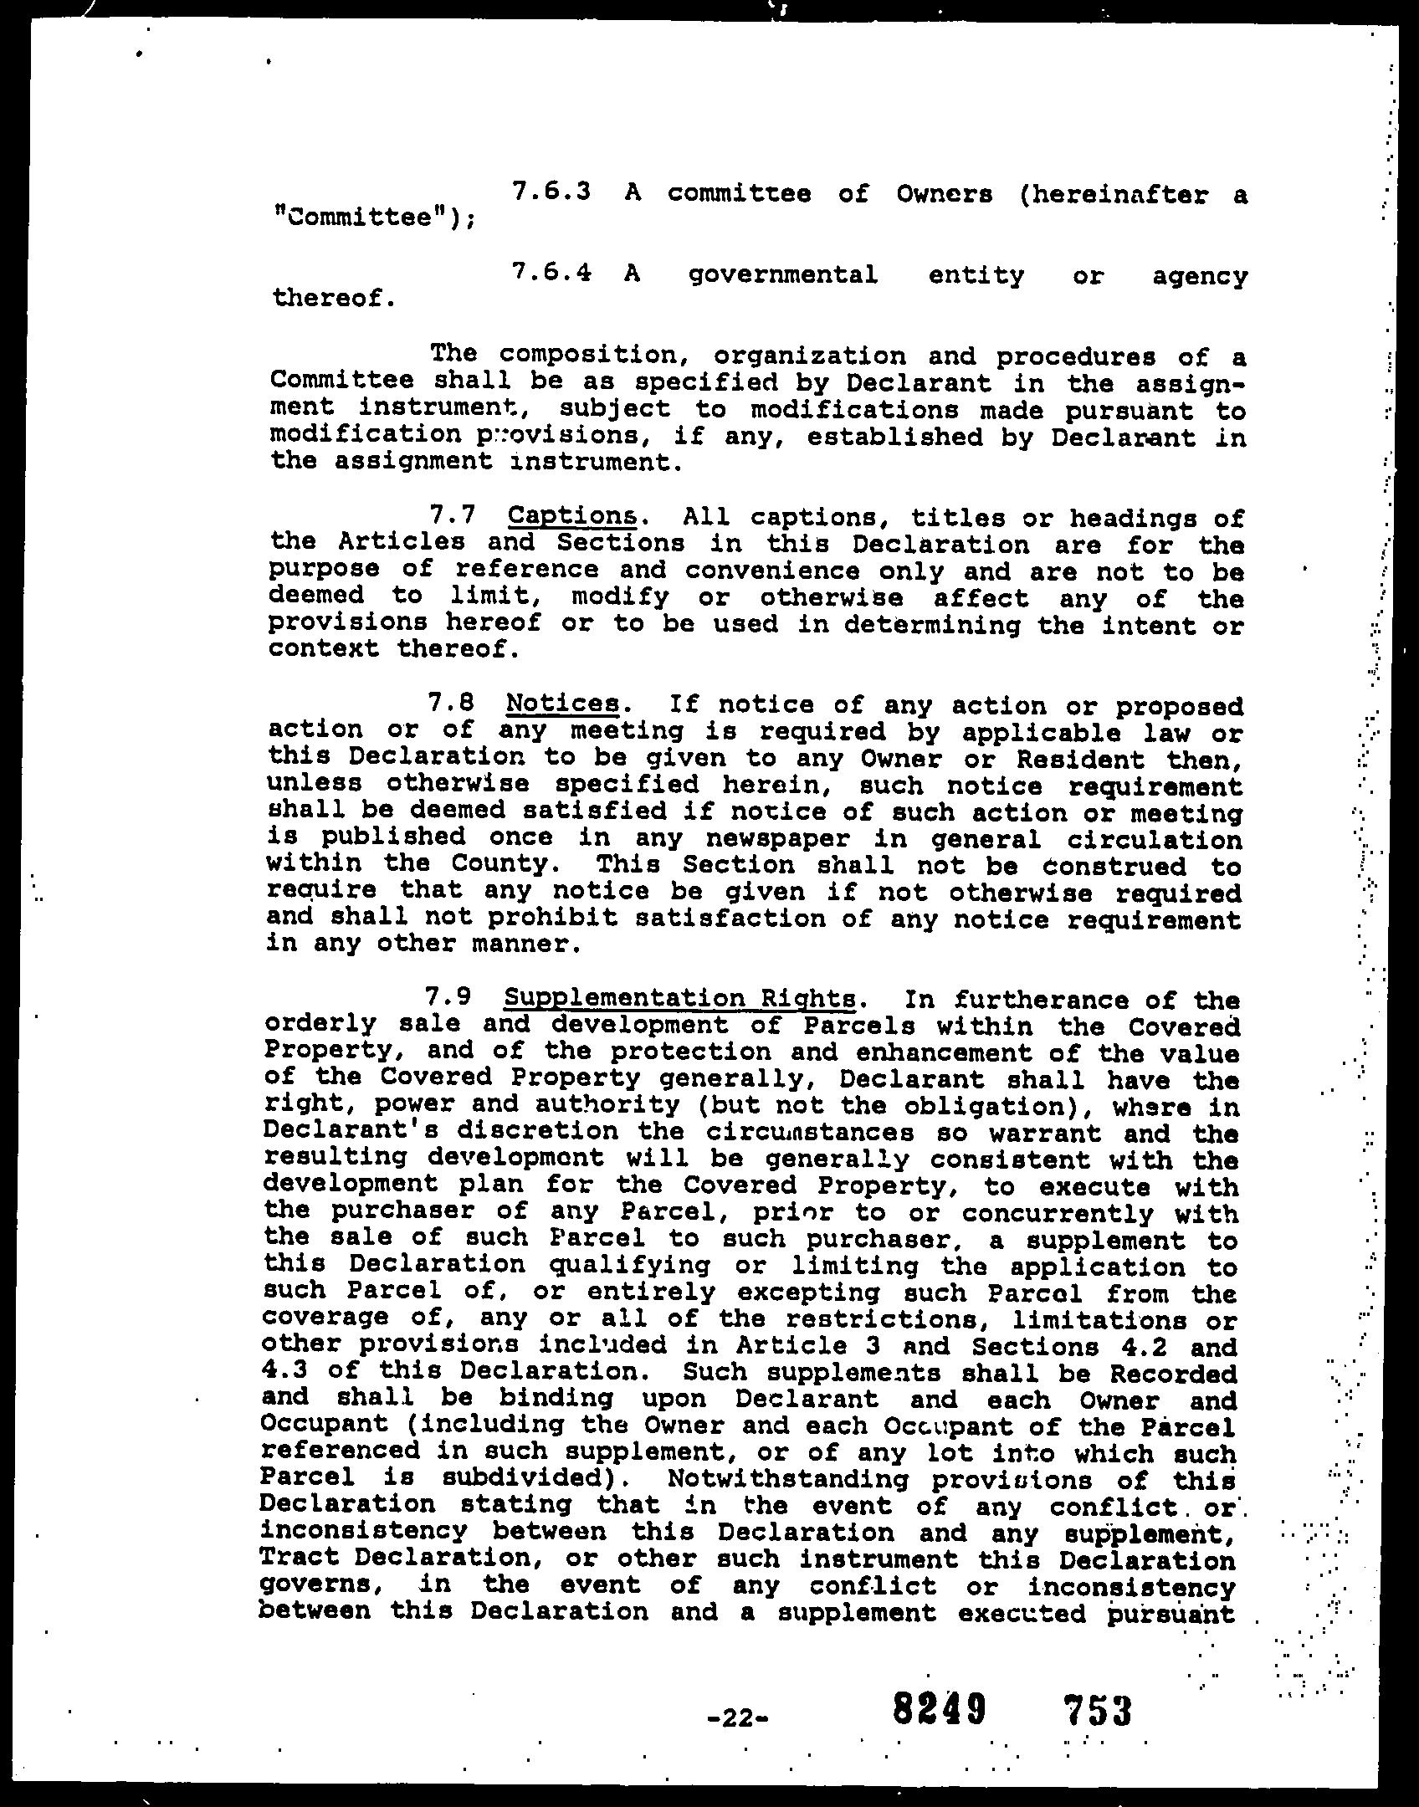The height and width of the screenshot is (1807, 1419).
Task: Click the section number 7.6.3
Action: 551,192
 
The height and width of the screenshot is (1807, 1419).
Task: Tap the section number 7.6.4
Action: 551,273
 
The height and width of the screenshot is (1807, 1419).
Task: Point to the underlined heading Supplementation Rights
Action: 680,998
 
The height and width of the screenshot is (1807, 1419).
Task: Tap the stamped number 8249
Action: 938,1708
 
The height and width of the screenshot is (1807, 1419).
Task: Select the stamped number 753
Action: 1098,1710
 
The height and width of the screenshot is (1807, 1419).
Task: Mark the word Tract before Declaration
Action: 301,1559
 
